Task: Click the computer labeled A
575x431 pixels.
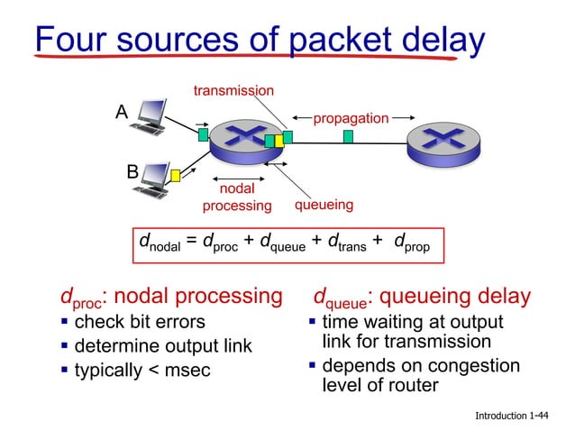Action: [148, 115]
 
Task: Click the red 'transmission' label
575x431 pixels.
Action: [233, 90]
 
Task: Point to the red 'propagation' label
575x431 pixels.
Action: [351, 118]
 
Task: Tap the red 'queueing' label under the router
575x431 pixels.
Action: [324, 205]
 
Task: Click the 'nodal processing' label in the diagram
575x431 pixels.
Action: [237, 197]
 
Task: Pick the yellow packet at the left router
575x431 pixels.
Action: [278, 141]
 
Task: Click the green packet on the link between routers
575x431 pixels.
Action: [348, 136]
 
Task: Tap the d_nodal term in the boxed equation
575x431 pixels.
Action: [159, 243]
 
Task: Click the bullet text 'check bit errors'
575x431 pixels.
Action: [140, 322]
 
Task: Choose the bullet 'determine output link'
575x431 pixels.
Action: [163, 347]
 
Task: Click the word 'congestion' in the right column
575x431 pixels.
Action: [472, 366]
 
